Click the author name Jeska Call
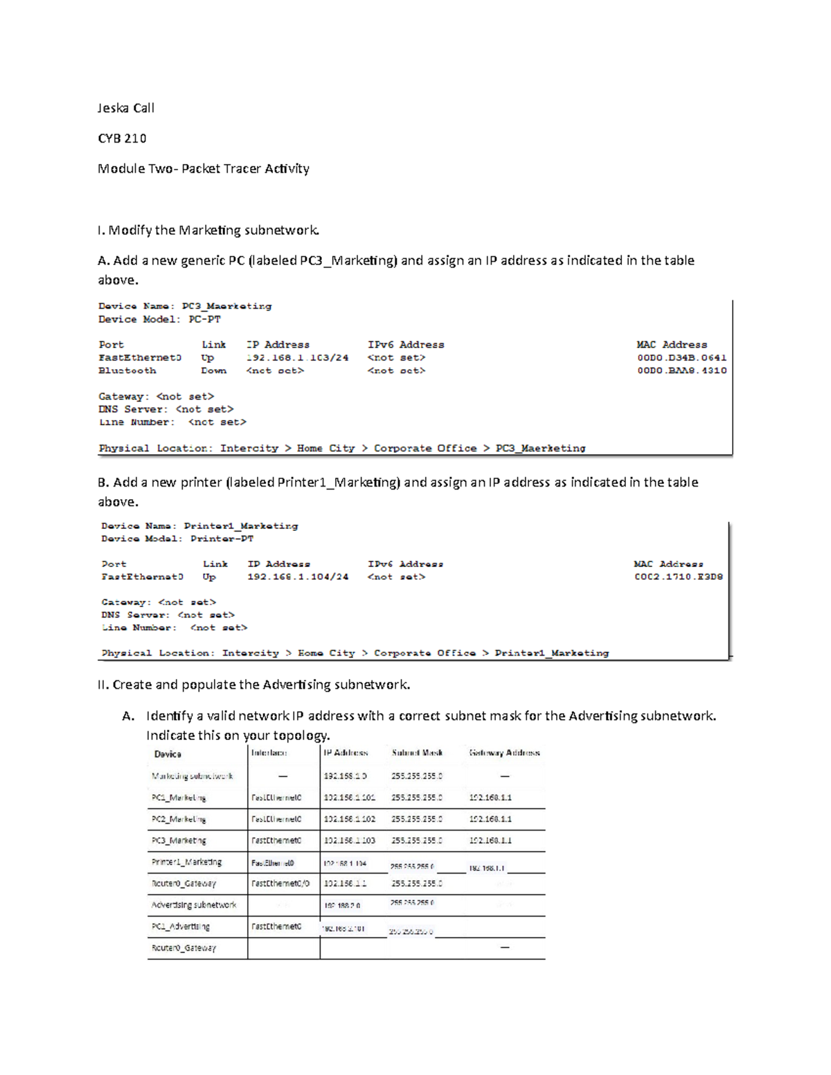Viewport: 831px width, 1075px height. [125, 108]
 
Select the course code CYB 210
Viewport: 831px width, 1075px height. [122, 138]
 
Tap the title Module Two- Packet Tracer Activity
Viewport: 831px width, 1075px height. [203, 169]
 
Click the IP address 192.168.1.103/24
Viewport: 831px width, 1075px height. [297, 358]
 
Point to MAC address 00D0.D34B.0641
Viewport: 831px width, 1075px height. [681, 358]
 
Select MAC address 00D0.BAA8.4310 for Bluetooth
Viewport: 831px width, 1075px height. [681, 370]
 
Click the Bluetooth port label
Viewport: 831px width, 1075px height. [127, 370]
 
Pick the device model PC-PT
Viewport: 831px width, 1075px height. [204, 319]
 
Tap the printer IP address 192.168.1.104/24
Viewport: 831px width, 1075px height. [298, 577]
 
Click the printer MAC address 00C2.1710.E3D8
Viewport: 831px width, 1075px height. [678, 577]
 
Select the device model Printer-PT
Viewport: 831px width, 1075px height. [222, 539]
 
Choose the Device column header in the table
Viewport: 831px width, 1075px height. [168, 754]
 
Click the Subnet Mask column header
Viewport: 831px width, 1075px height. [417, 752]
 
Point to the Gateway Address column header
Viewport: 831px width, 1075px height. [504, 752]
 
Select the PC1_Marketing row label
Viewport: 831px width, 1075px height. [179, 797]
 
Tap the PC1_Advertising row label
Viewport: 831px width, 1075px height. [180, 926]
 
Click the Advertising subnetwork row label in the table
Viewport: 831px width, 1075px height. [194, 905]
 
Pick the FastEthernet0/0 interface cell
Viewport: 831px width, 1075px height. [280, 883]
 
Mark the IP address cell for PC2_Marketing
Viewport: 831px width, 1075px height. [349, 819]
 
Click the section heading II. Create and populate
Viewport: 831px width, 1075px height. [253, 685]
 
